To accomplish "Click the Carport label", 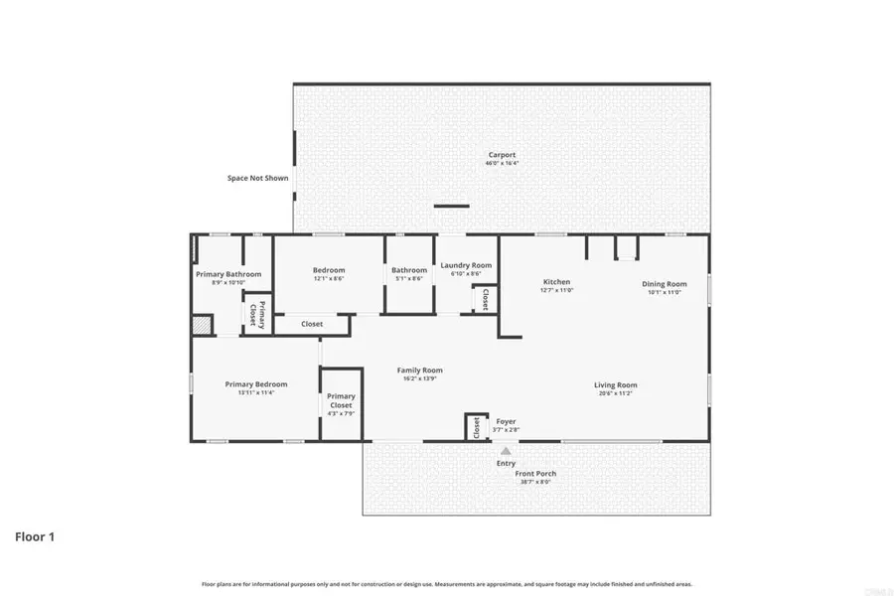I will tap(502, 155).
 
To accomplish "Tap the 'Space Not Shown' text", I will tap(257, 179).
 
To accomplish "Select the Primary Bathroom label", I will tap(228, 274).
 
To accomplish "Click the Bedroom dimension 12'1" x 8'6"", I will tap(329, 279).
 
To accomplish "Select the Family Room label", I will tap(418, 370).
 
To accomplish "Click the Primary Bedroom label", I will tap(255, 384).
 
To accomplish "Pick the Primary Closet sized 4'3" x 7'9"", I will tap(341, 402).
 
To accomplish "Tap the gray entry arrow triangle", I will tap(506, 451).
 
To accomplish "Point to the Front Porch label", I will tap(535, 474).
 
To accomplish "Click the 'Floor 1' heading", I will tap(34, 536).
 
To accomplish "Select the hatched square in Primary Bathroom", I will tap(202, 325).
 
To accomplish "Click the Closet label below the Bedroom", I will tap(312, 324).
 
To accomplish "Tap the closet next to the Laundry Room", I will tap(485, 298).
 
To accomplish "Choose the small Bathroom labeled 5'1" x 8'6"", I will tap(408, 270).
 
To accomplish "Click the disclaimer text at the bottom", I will tap(447, 584).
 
